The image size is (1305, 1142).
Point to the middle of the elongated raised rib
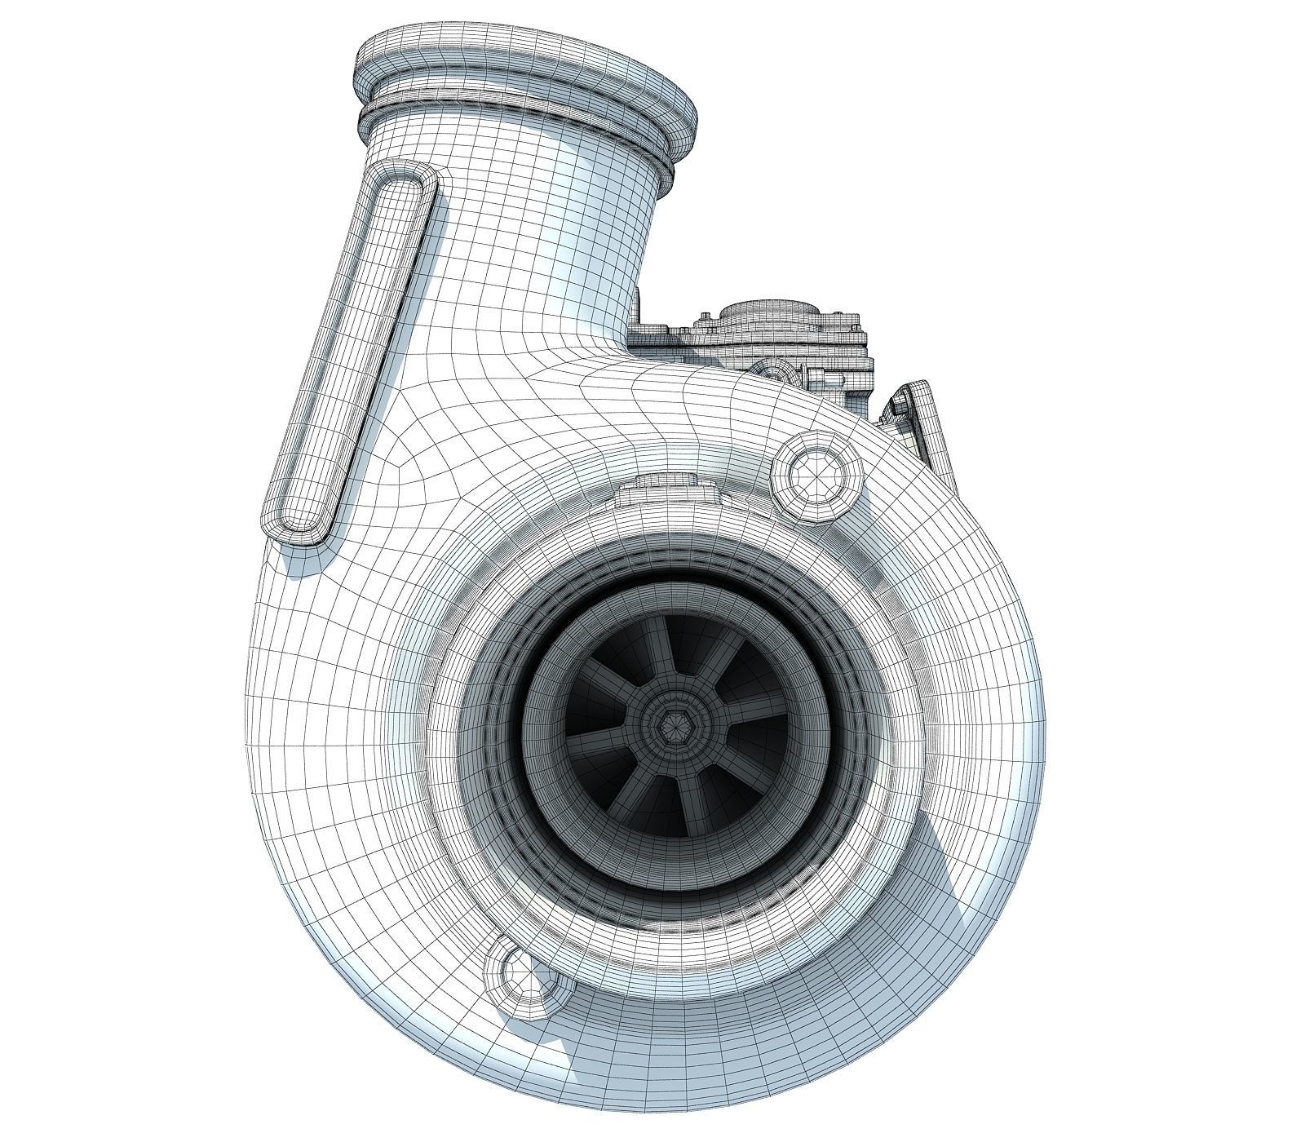click(x=351, y=351)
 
